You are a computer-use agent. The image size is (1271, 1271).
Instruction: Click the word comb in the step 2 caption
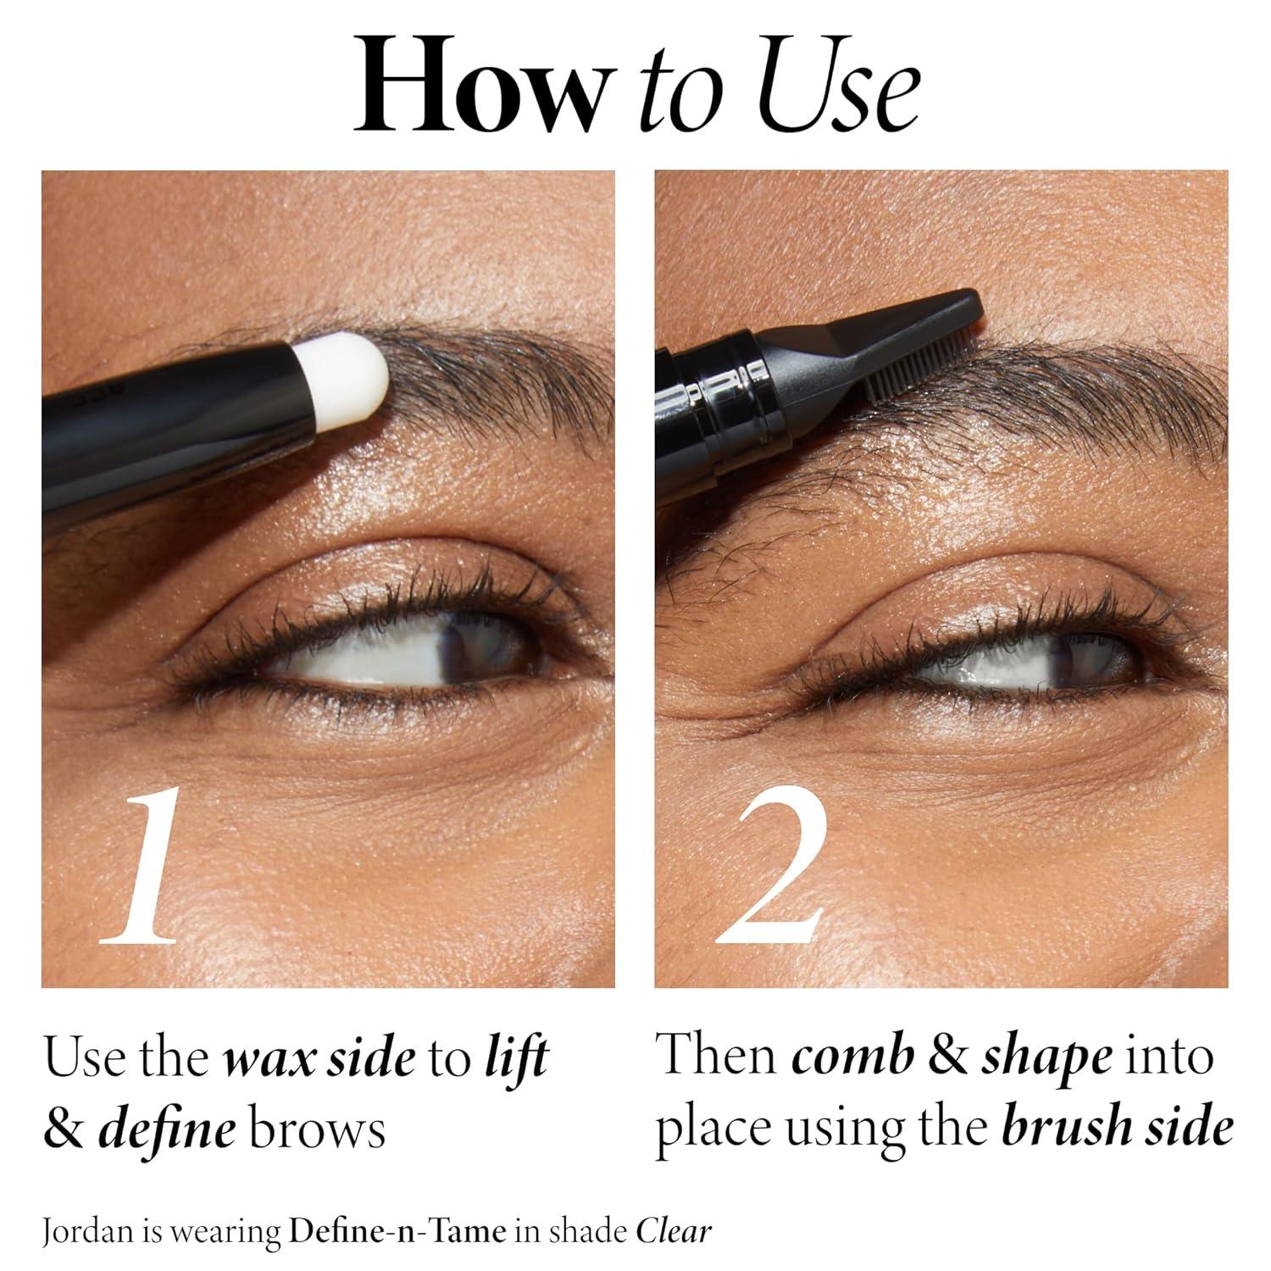853,1057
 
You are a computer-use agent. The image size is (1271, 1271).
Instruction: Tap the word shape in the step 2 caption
1047,1058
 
